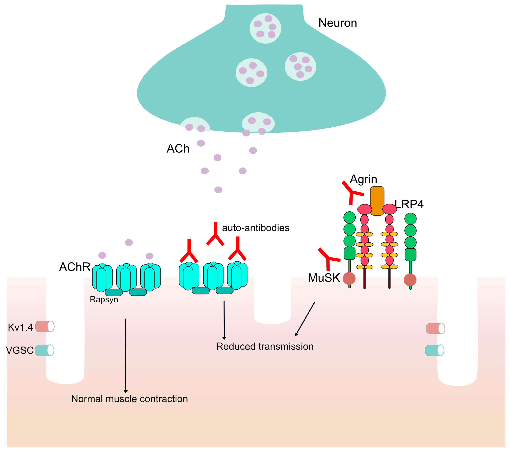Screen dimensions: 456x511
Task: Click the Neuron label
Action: click(x=337, y=23)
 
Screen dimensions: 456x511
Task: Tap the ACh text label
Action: click(x=178, y=149)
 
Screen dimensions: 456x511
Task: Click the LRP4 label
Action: click(x=409, y=204)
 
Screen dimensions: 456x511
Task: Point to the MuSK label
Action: click(x=324, y=278)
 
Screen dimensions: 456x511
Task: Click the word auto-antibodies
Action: click(x=255, y=228)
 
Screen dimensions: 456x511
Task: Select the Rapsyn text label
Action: click(x=104, y=299)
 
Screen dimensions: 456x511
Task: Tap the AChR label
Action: click(x=75, y=267)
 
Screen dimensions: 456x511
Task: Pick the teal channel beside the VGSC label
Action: click(x=44, y=350)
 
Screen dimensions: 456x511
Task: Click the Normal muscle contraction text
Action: click(x=129, y=399)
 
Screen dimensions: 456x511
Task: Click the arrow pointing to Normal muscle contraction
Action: click(x=125, y=356)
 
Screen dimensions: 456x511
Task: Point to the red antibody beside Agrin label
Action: click(x=351, y=193)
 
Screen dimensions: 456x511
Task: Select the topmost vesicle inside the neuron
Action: click(x=265, y=28)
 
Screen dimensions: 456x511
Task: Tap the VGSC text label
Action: click(x=20, y=350)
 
